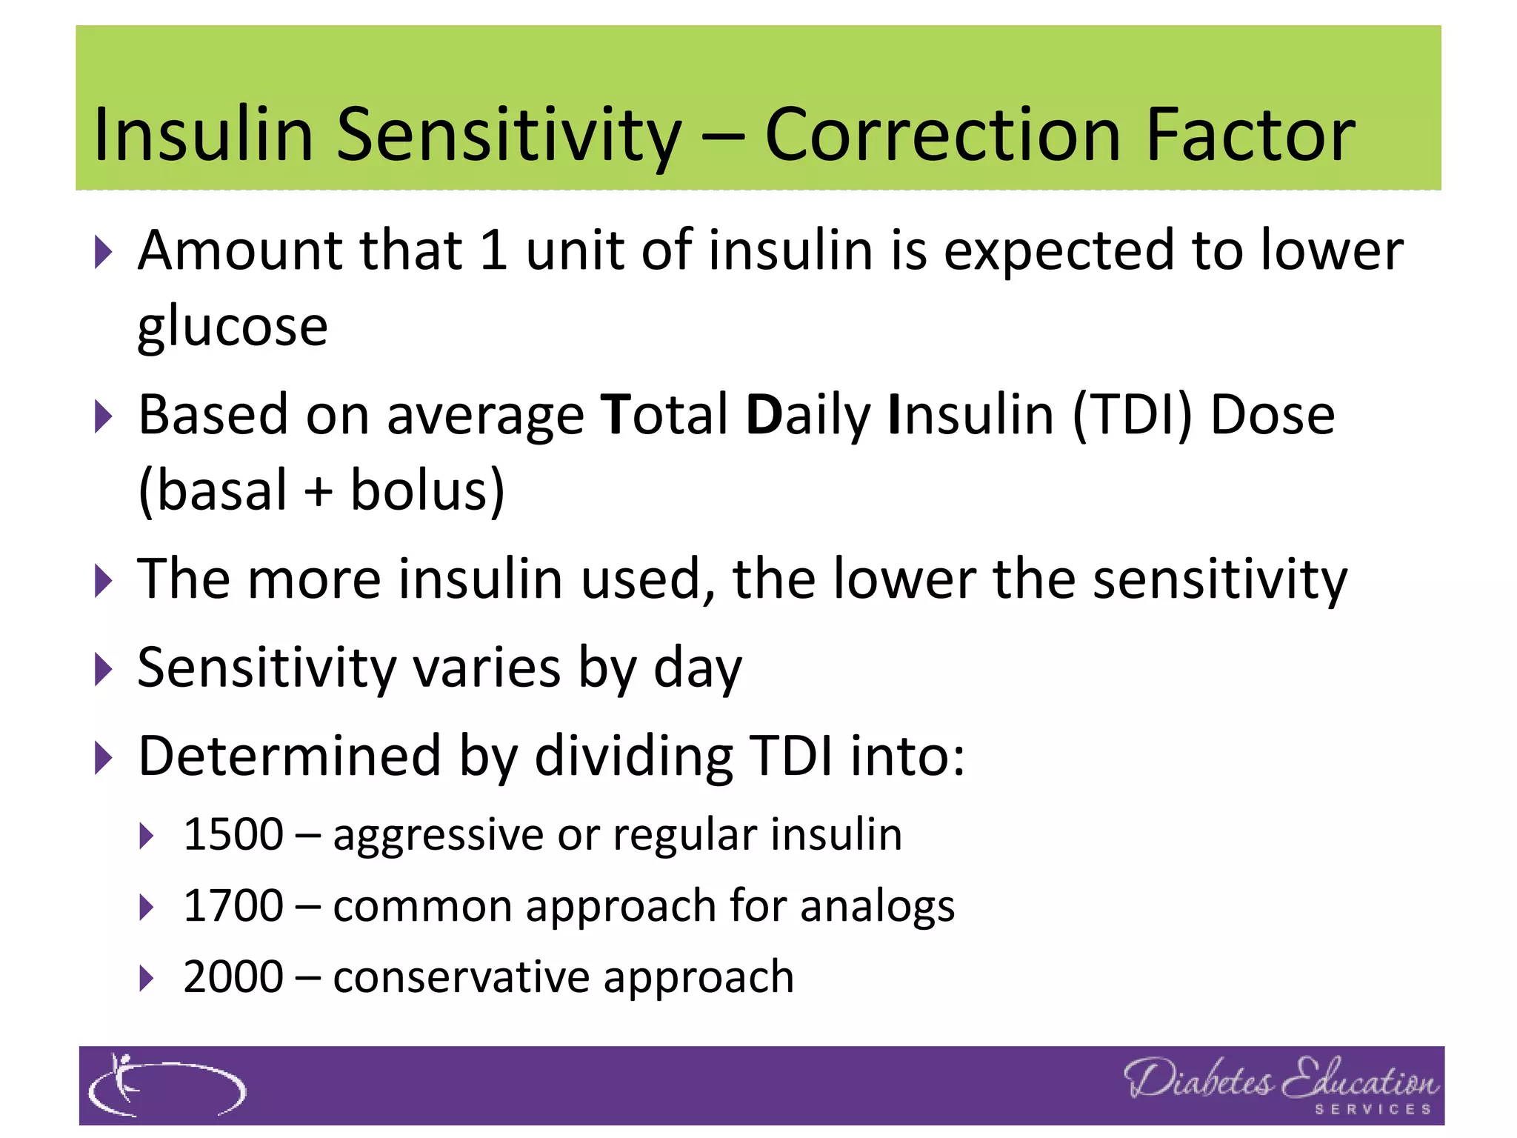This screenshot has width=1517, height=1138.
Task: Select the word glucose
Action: point(233,327)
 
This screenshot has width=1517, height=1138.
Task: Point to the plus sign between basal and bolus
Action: point(319,491)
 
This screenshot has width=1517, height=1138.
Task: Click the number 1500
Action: point(233,834)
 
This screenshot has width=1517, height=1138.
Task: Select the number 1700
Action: point(233,905)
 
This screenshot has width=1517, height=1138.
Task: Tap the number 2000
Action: point(233,976)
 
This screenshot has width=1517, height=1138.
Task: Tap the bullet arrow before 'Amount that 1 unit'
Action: point(104,253)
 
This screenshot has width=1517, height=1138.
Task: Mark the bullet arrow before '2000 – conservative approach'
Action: point(147,979)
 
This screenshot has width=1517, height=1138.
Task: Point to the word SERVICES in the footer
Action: point(1373,1110)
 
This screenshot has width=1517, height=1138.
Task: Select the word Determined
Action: point(290,756)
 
